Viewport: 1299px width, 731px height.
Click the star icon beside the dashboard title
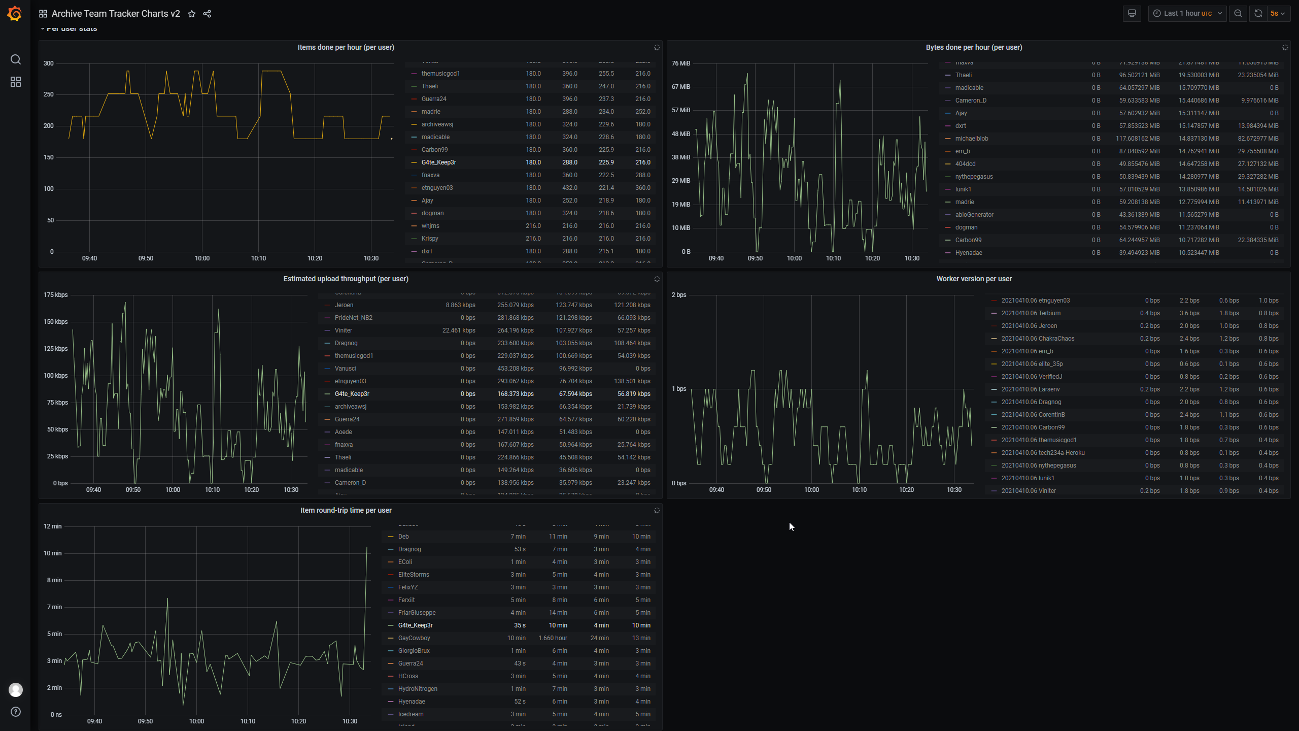point(192,14)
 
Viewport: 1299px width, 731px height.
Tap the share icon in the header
point(207,14)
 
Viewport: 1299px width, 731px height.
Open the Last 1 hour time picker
point(1187,14)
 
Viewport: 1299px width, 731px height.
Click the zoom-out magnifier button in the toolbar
point(1238,14)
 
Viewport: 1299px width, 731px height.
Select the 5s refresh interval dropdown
point(1278,14)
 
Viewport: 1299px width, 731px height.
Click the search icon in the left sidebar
point(16,59)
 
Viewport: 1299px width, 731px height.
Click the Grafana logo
point(15,14)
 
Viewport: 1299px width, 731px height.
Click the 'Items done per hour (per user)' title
point(346,47)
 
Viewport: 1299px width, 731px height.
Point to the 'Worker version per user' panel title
point(974,279)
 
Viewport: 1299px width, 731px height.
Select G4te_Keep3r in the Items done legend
point(438,162)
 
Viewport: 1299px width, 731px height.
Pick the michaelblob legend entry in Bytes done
point(971,139)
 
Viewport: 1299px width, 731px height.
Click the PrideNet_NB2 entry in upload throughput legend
point(353,318)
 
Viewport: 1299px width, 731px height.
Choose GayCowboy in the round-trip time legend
point(414,638)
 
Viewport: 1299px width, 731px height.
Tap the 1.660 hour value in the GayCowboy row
point(553,638)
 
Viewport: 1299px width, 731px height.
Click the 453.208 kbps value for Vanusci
point(515,369)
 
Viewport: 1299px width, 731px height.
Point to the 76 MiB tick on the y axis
point(680,63)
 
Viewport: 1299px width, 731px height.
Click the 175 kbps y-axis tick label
point(55,295)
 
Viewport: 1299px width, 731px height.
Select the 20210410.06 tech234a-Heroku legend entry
point(1043,453)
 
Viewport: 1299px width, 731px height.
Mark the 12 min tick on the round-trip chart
point(53,526)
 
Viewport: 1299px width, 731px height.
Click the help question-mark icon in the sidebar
point(16,712)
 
